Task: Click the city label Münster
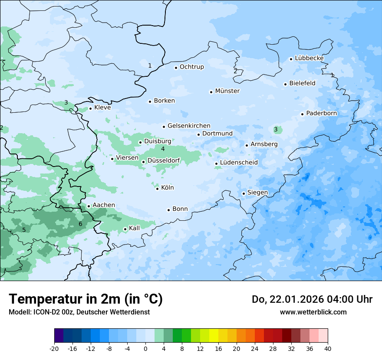pyautogui.click(x=227, y=91)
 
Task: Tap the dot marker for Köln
pyautogui.click(x=157, y=188)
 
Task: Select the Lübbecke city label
pyautogui.click(x=309, y=58)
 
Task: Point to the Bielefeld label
pyautogui.click(x=302, y=83)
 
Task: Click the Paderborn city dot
pyautogui.click(x=302, y=114)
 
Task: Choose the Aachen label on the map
pyautogui.click(x=104, y=205)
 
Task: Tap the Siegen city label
pyautogui.click(x=257, y=193)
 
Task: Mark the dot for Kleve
pyautogui.click(x=90, y=108)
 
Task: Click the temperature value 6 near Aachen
pyautogui.click(x=80, y=224)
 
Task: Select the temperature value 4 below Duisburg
pyautogui.click(x=163, y=149)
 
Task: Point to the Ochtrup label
pyautogui.click(x=191, y=67)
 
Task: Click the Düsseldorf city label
pyautogui.click(x=163, y=160)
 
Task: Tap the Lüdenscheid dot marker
pyautogui.click(x=216, y=164)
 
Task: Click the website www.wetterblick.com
pyautogui.click(x=313, y=312)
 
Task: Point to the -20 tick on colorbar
pyautogui.click(x=54, y=348)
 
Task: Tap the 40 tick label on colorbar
pyautogui.click(x=328, y=348)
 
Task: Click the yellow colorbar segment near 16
pyautogui.click(x=214, y=336)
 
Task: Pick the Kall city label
pyautogui.click(x=135, y=228)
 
